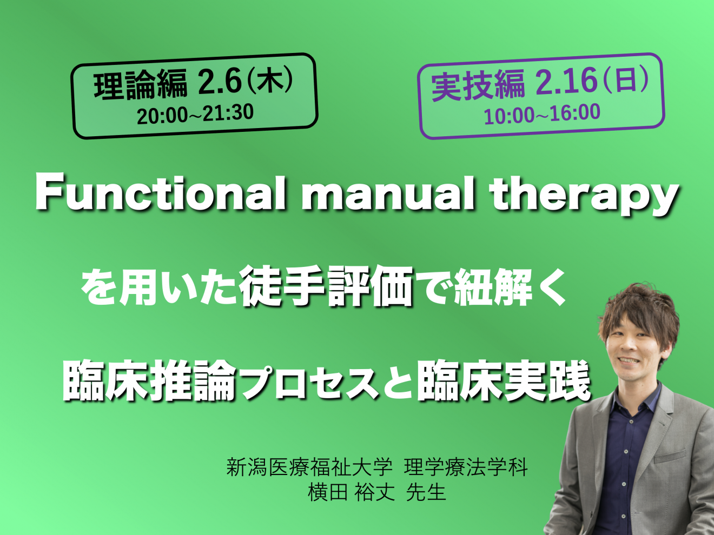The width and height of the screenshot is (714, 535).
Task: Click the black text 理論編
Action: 141,84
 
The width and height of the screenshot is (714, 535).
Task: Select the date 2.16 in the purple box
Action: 566,82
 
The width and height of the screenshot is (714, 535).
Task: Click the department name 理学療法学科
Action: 466,467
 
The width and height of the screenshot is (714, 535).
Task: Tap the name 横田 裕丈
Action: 352,493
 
